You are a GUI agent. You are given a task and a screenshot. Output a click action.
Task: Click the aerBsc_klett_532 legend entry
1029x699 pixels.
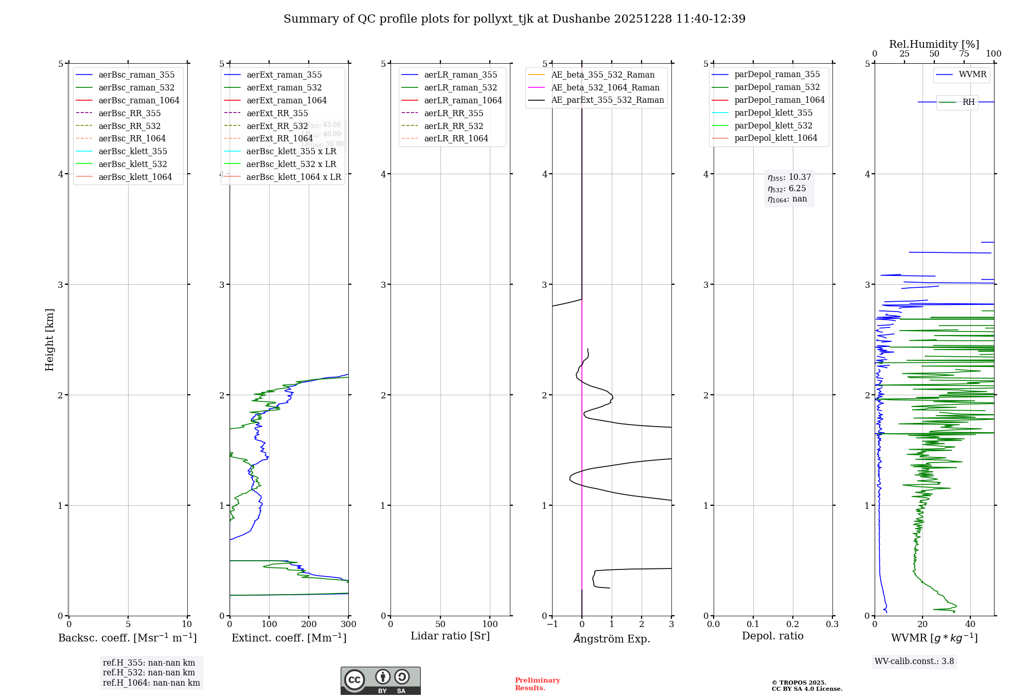coord(132,164)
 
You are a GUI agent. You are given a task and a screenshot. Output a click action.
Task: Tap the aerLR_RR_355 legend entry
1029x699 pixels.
coord(453,113)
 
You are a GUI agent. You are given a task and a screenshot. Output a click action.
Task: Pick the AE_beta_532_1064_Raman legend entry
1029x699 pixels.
coord(605,87)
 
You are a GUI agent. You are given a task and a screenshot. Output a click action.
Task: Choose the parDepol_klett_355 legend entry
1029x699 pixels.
coord(773,113)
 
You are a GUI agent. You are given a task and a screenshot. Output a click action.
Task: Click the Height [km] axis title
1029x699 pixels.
coord(49,340)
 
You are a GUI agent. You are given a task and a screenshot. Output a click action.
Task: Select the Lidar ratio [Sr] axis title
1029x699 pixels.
coord(450,636)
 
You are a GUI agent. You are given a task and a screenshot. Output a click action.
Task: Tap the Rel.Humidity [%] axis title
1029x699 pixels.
coord(934,44)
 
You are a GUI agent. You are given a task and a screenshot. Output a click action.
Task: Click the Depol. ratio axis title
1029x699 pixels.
coord(772,636)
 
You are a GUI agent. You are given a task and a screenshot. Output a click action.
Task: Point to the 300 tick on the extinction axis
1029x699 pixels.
coord(349,624)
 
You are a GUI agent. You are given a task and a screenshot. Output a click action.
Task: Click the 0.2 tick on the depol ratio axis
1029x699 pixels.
coord(793,624)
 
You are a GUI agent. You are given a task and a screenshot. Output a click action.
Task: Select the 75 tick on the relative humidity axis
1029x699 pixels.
coord(964,54)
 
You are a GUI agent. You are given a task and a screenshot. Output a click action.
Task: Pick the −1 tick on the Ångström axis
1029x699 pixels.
coord(552,624)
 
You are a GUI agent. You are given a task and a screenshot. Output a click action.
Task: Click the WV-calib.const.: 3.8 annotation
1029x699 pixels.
coord(914,661)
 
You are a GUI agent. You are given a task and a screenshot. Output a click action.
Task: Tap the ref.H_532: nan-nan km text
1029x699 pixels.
coord(149,673)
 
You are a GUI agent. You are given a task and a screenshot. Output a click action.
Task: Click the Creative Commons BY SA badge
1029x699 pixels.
coord(380,681)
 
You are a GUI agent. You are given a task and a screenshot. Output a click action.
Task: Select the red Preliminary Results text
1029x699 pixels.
coord(537,684)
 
